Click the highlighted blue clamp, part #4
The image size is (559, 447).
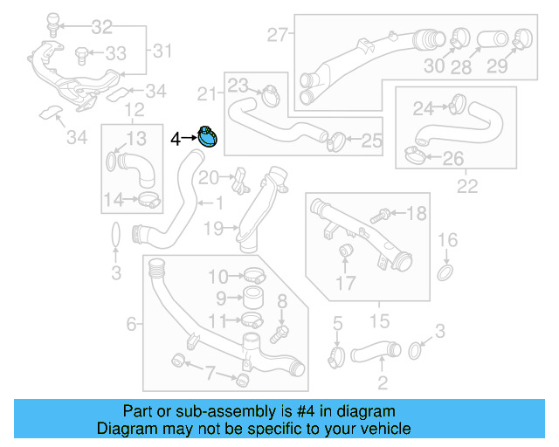[208, 136]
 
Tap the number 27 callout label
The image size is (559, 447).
[277, 36]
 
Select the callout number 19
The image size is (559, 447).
[214, 230]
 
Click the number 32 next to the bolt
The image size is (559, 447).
[102, 25]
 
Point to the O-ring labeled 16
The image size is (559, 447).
[445, 274]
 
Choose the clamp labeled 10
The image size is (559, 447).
[252, 276]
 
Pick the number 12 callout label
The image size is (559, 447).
[134, 109]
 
